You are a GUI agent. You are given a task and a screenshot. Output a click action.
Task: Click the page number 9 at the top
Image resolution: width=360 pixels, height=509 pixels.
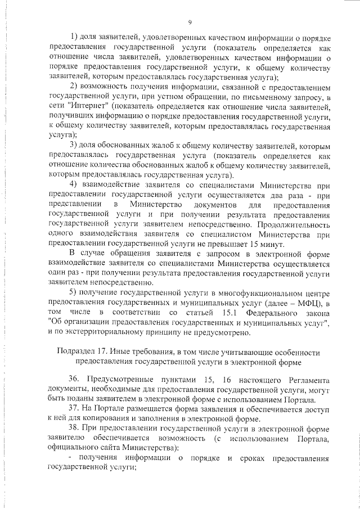point(190,22)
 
